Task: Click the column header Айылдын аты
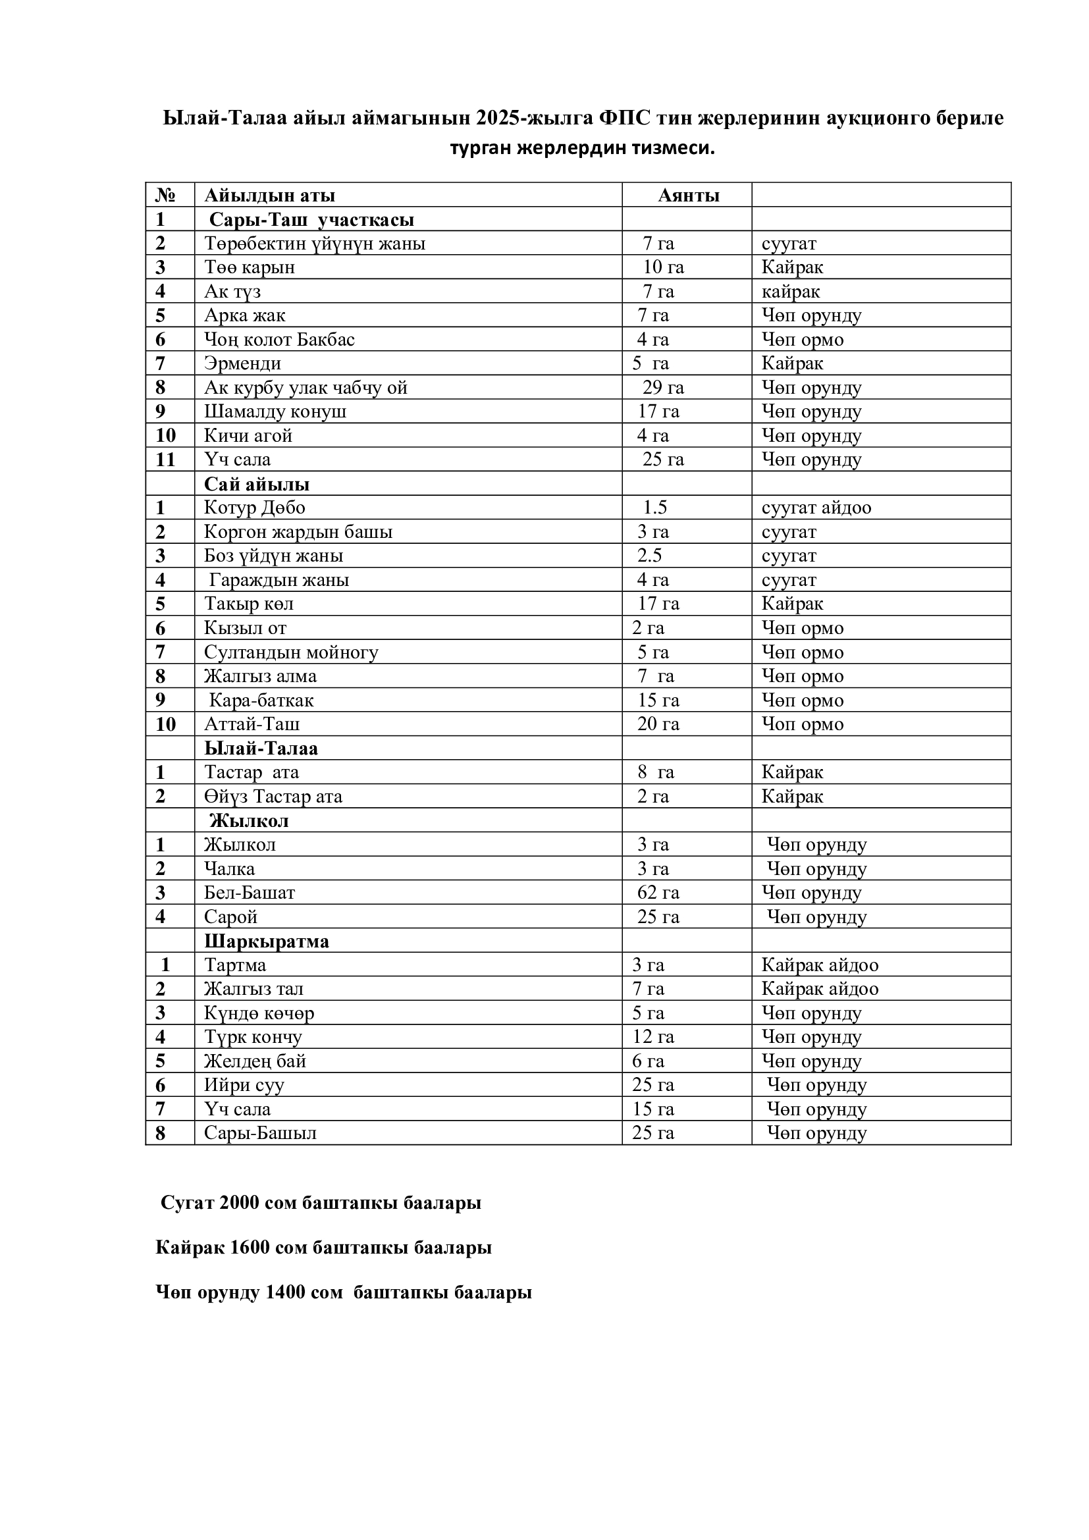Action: [x=269, y=195]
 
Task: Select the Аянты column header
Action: [x=689, y=195]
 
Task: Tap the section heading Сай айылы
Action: [x=257, y=484]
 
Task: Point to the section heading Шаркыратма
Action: [x=266, y=941]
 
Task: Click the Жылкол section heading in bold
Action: [x=249, y=820]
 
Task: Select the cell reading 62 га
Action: [x=658, y=893]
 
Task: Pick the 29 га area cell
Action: [x=662, y=388]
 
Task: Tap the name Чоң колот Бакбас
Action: [x=279, y=339]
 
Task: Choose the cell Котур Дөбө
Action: [x=255, y=507]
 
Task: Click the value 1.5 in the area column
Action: [x=654, y=507]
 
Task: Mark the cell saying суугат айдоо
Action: [x=816, y=507]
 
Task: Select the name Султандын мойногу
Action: [x=291, y=652]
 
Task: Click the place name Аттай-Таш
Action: [x=252, y=724]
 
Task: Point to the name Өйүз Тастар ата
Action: [x=273, y=796]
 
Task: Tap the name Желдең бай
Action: [x=255, y=1061]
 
